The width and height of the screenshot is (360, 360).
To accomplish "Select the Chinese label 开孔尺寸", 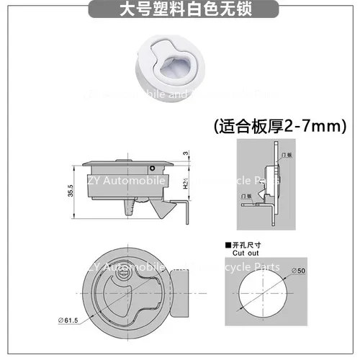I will pyautogui.click(x=246, y=245).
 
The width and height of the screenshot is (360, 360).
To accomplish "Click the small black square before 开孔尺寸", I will pyautogui.click(x=227, y=245).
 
